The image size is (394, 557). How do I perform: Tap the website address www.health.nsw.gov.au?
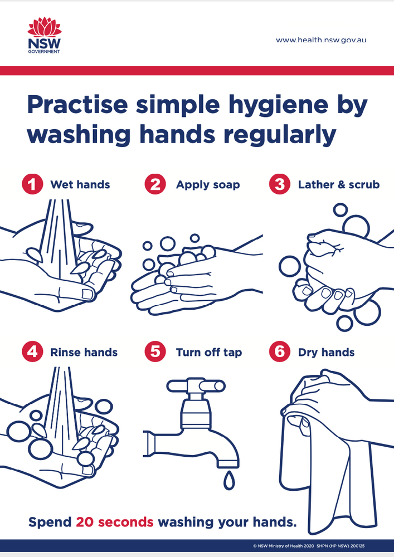pos(321,40)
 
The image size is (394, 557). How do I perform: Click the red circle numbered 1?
pos(32,184)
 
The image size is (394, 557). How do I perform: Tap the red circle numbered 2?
pos(155,184)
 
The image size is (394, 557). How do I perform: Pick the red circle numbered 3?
pos(280,184)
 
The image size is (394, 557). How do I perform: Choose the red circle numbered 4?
pos(32,351)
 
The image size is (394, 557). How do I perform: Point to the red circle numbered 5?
pos(155,351)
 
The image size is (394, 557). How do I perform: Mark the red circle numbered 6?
pos(280,351)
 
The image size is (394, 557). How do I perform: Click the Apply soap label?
pos(208,185)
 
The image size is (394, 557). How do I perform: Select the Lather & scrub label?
pos(339,184)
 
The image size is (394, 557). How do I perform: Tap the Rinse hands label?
pos(84,352)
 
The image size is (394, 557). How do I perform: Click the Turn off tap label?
pos(209,353)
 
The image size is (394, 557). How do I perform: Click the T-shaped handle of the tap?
pos(196,386)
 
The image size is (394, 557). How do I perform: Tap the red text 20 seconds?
pos(114,522)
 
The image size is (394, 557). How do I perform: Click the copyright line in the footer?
pos(309,546)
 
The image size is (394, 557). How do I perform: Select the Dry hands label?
pos(326,353)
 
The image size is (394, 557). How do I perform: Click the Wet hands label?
pos(80,184)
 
